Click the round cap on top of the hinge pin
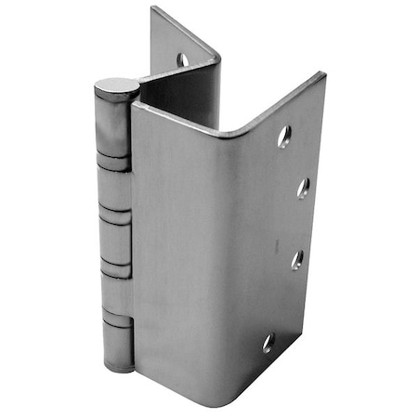pos(116,88)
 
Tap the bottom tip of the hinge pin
pos(119,367)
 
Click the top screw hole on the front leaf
pos(284,137)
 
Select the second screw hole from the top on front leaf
pos(303,188)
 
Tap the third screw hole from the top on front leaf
pos(297,259)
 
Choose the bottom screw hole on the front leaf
pos(269,343)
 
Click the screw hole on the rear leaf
pos(183,59)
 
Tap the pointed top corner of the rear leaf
pos(153,8)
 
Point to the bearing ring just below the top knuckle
pos(114,164)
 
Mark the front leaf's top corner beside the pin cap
pos(135,106)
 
